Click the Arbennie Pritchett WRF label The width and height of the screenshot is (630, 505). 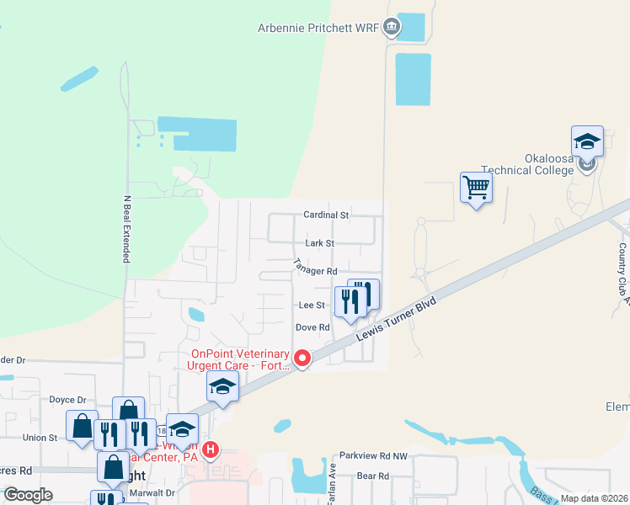pyautogui.click(x=318, y=27)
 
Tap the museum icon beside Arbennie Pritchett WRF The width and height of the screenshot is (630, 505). pyautogui.click(x=391, y=27)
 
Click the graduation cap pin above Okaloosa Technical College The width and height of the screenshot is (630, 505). pyautogui.click(x=587, y=141)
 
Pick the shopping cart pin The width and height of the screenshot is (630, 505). pyautogui.click(x=476, y=187)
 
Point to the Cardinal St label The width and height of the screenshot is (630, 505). pyautogui.click(x=326, y=215)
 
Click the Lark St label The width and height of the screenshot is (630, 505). pyautogui.click(x=319, y=243)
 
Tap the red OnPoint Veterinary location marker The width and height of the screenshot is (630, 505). pyautogui.click(x=302, y=359)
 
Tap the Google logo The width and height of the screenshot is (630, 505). pyautogui.click(x=29, y=495)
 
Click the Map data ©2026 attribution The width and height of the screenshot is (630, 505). pyautogui.click(x=593, y=498)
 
